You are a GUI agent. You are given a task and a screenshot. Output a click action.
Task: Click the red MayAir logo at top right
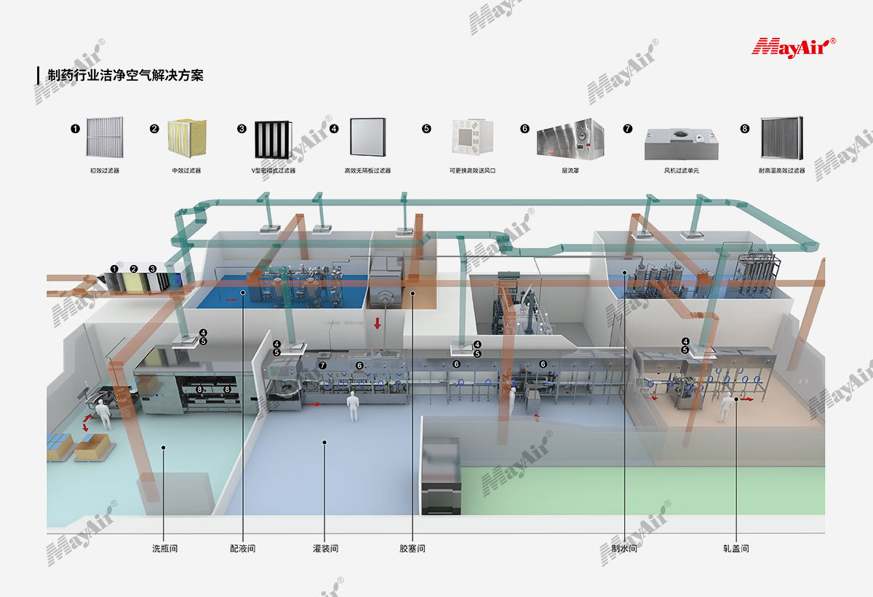(793, 47)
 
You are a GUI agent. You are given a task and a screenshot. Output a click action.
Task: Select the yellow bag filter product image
(187, 138)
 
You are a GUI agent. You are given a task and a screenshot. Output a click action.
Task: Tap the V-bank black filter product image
(273, 139)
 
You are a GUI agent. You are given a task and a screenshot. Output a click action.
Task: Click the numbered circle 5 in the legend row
(426, 129)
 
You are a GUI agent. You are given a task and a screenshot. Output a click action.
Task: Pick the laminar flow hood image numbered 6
(570, 138)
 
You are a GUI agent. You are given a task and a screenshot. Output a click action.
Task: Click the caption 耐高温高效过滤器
(781, 170)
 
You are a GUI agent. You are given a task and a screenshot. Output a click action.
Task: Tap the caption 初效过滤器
(104, 170)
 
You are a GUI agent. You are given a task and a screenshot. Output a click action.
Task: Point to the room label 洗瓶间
(164, 548)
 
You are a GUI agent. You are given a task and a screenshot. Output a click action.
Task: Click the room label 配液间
(242, 548)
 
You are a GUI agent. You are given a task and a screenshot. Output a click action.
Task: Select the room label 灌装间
(325, 548)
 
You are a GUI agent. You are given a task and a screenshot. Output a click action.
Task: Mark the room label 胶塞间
(412, 548)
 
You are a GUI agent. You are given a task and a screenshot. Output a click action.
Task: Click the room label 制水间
(624, 548)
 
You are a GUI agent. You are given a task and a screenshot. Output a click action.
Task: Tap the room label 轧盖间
(736, 548)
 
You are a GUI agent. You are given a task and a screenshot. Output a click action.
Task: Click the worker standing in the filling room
(354, 406)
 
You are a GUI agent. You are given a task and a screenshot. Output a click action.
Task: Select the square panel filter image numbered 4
(367, 138)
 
